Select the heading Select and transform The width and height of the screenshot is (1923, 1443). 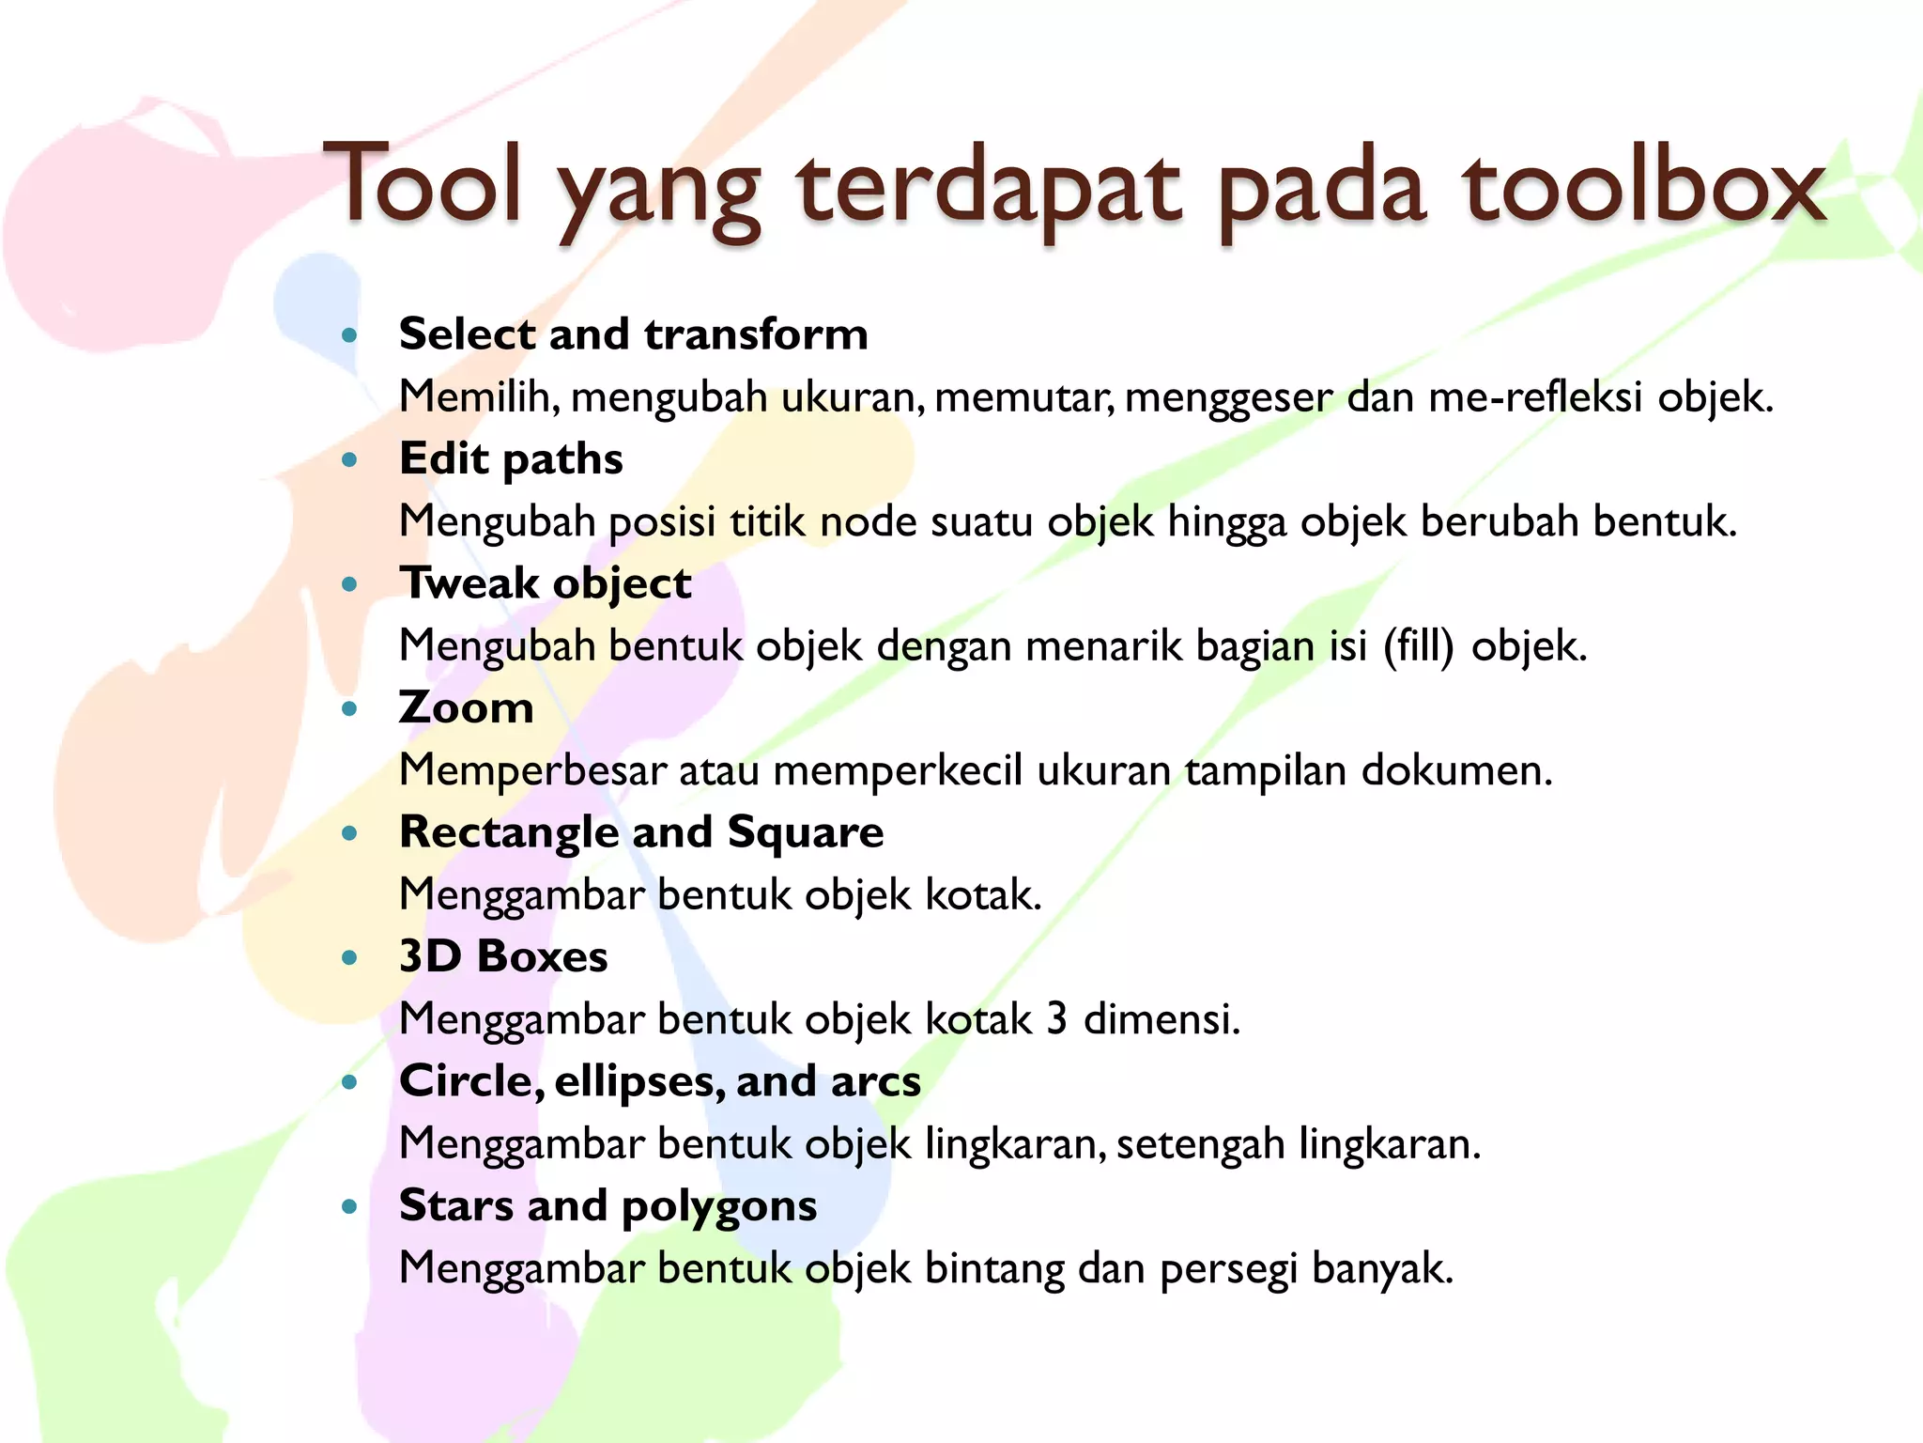point(634,334)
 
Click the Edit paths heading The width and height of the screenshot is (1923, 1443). point(511,459)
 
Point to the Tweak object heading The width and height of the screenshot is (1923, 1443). point(546,583)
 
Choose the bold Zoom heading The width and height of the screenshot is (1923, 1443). point(467,707)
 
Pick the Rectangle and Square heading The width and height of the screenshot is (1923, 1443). point(641,832)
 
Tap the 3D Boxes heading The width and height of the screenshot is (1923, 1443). point(503,956)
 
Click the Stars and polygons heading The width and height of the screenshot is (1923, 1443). point(608,1205)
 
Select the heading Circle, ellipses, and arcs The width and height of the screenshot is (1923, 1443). point(660,1081)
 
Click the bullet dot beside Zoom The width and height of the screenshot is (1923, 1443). point(350,709)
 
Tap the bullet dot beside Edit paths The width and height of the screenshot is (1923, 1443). point(350,460)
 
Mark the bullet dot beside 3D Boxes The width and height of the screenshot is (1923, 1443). point(350,958)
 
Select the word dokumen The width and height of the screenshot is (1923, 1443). point(1456,770)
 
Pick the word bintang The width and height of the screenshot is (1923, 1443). point(994,1268)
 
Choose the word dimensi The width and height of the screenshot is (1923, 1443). point(1161,1019)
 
